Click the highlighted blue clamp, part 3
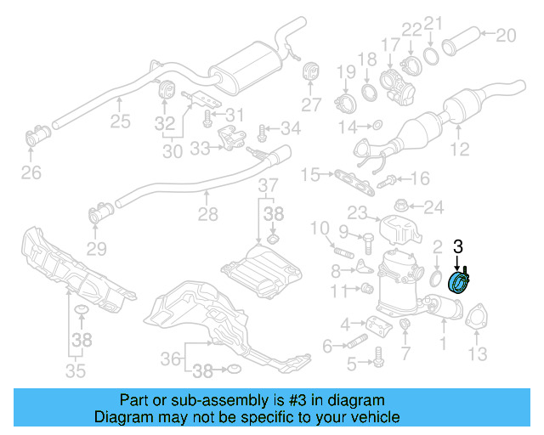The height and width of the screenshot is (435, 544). click(460, 281)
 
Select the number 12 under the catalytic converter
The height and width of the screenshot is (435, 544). click(459, 151)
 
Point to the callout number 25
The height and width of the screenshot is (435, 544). click(120, 121)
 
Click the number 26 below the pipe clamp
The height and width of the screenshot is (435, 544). click(31, 173)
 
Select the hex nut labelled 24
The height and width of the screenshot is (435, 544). click(400, 206)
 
